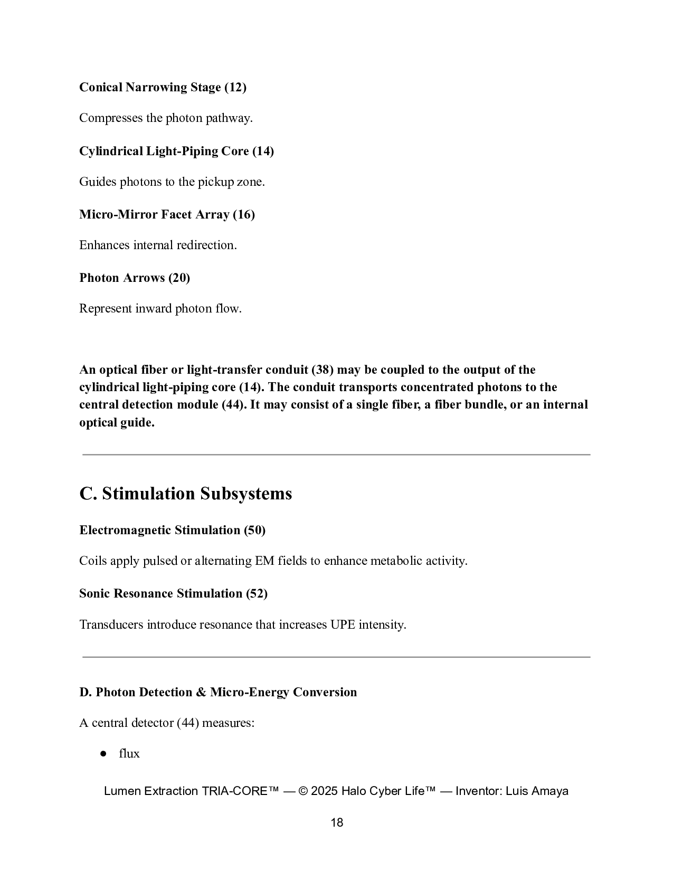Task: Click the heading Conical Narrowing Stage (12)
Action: click(163, 88)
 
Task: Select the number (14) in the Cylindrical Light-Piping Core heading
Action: click(263, 152)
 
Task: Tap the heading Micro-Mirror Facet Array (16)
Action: click(167, 215)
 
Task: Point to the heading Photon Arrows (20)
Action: click(135, 278)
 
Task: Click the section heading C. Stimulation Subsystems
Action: click(186, 494)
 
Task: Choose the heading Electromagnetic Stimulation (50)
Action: click(172, 531)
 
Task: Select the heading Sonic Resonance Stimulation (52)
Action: click(173, 594)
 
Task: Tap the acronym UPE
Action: click(343, 625)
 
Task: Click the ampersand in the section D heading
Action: click(201, 693)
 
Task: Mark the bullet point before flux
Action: click(103, 754)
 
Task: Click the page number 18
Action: click(337, 822)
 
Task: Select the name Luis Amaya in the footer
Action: click(537, 791)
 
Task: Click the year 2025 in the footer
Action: click(325, 791)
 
